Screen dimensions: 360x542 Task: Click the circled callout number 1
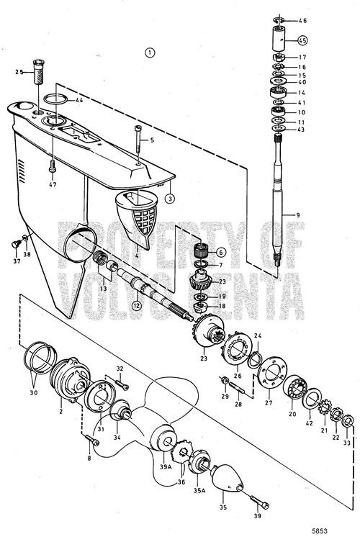coord(149,53)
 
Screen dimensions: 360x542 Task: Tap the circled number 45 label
coord(302,40)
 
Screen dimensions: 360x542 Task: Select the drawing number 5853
coord(319,531)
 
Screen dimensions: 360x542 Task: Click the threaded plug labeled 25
coord(38,71)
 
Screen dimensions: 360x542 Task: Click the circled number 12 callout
coord(138,306)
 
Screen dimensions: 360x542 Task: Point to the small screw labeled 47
coord(53,166)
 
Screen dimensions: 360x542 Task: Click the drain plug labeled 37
coord(16,244)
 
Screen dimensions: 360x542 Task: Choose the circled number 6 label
coord(221,253)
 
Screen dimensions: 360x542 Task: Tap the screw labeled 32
coord(122,384)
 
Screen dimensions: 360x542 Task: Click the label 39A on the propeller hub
coord(166,466)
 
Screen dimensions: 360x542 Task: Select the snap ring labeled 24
coord(255,359)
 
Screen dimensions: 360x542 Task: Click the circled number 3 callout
coord(169,199)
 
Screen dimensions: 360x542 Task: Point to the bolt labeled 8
coord(91,441)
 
